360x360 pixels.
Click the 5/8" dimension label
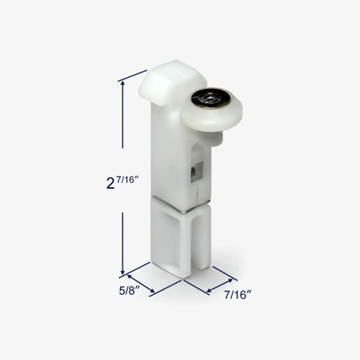(129, 291)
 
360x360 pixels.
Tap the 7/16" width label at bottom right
(237, 295)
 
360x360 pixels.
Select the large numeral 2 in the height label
(111, 183)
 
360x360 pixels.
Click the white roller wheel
(211, 109)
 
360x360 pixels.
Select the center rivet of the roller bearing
(210, 98)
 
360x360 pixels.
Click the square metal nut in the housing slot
(197, 171)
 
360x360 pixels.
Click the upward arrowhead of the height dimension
(123, 84)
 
